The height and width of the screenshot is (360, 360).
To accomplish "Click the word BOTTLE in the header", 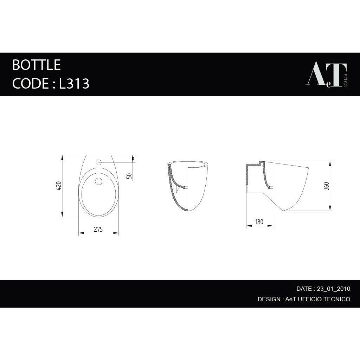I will click(37, 65).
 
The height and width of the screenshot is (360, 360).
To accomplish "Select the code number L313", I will click(74, 84).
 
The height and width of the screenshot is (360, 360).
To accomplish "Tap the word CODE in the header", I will click(31, 84).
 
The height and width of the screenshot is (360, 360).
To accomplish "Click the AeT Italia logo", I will click(327, 75).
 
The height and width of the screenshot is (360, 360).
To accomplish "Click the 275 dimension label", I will click(98, 229).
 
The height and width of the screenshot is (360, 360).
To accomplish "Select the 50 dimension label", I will click(129, 176).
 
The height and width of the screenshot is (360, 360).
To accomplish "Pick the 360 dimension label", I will click(326, 186).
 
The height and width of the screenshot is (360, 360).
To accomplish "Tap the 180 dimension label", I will click(259, 222).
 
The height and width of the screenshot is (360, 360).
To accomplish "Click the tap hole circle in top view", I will click(98, 162).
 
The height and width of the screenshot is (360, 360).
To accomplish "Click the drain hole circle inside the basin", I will click(98, 181).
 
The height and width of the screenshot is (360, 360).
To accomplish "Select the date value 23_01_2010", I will click(333, 289).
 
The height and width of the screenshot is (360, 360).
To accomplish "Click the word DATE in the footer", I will click(304, 289).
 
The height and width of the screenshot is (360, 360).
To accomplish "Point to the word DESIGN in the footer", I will click(269, 299).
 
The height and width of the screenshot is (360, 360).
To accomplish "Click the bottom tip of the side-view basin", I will click(283, 210).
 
